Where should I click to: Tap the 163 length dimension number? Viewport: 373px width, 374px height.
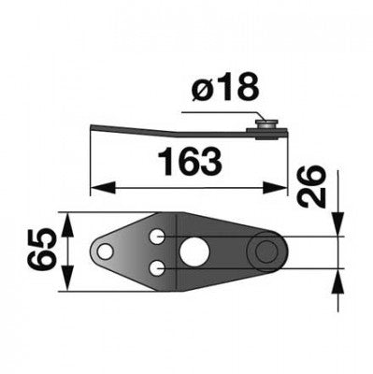pyautogui.click(x=190, y=162)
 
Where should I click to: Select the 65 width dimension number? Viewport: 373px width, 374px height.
pyautogui.click(x=42, y=252)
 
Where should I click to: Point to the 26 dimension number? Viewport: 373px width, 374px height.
pyautogui.click(x=311, y=186)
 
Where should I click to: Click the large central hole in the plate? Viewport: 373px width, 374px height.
pyautogui.click(x=194, y=252)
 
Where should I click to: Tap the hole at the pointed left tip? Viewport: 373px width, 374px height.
pyautogui.click(x=105, y=252)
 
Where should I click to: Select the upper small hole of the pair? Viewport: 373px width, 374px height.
pyautogui.click(x=157, y=237)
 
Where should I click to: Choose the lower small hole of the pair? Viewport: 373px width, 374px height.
pyautogui.click(x=157, y=268)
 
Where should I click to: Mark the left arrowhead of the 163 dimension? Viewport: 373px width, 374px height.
pyautogui.click(x=101, y=188)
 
